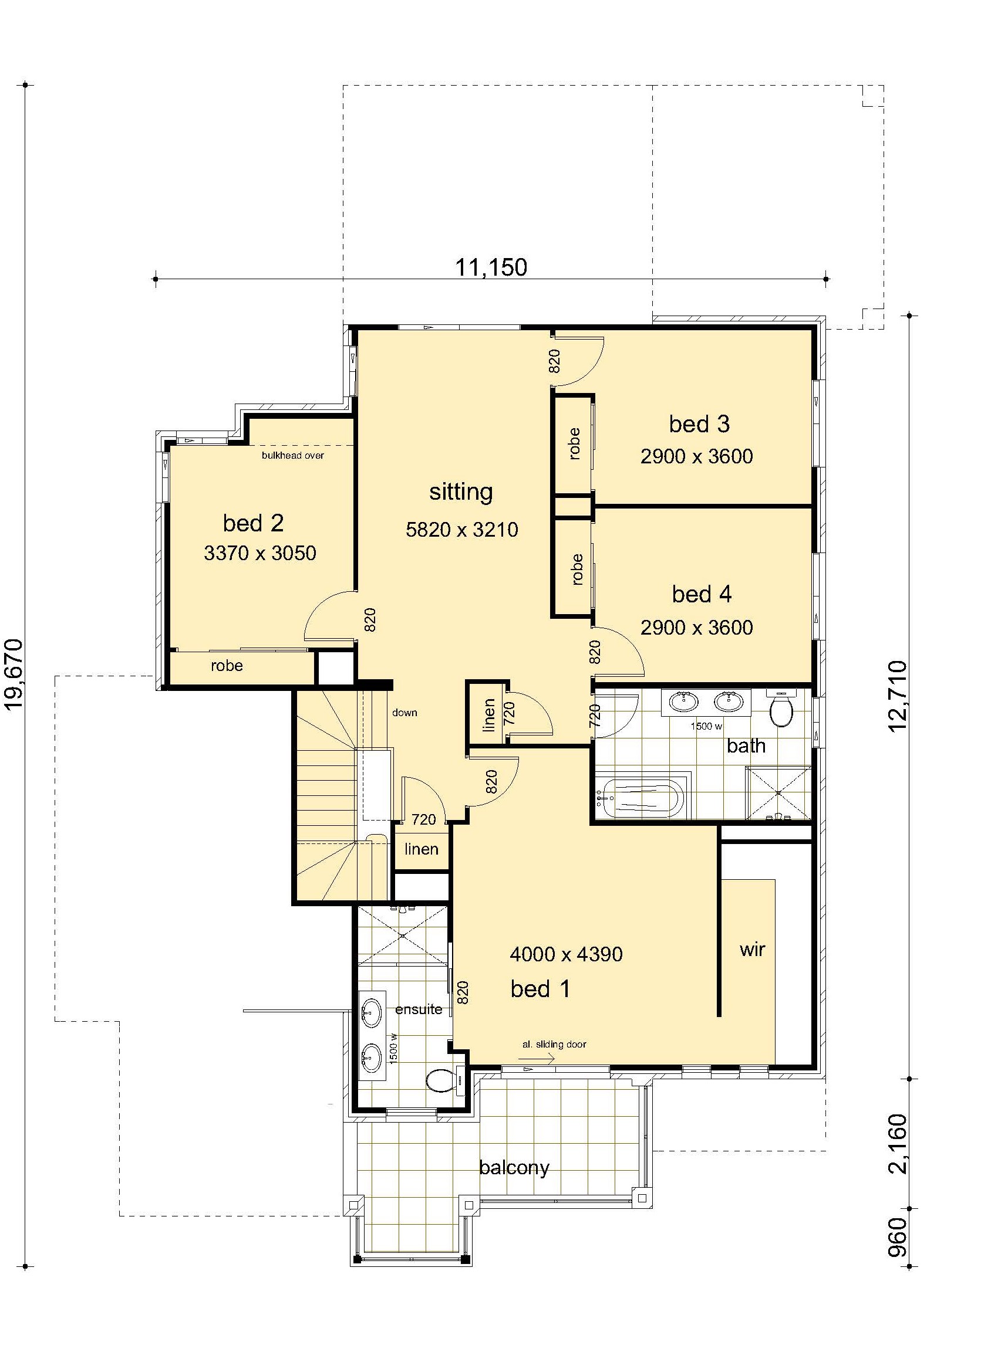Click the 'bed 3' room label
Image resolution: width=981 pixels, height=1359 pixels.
pos(699,424)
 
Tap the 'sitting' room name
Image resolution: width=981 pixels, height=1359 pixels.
pos(461,493)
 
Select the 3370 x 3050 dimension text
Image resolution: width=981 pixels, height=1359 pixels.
pos(259,553)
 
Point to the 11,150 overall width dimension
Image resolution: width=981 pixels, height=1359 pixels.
pos(491,267)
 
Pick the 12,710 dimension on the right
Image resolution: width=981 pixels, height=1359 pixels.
pos(898,696)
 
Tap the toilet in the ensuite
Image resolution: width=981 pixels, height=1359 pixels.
pos(444,1080)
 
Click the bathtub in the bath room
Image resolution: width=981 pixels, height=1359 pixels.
pos(643,798)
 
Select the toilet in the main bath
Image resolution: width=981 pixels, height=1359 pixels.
pos(781,709)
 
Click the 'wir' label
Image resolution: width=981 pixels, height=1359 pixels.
pos(752,950)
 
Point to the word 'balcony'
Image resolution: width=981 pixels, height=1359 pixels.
pos(514,1167)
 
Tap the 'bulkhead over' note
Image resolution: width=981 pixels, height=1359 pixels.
pos(292,455)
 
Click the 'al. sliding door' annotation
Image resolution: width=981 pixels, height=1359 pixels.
pos(554,1045)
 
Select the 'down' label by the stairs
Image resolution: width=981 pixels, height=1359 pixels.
pos(404,713)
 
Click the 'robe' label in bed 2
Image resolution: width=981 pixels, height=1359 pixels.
pos(227,666)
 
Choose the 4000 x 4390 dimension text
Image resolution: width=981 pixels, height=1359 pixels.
pos(566,954)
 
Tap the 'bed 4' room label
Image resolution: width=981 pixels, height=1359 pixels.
pos(702,594)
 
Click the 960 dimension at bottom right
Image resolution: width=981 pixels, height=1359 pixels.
pos(898,1238)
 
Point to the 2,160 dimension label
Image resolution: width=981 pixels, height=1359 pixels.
pos(898,1144)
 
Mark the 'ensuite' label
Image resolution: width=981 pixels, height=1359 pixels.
pos(419,1009)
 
